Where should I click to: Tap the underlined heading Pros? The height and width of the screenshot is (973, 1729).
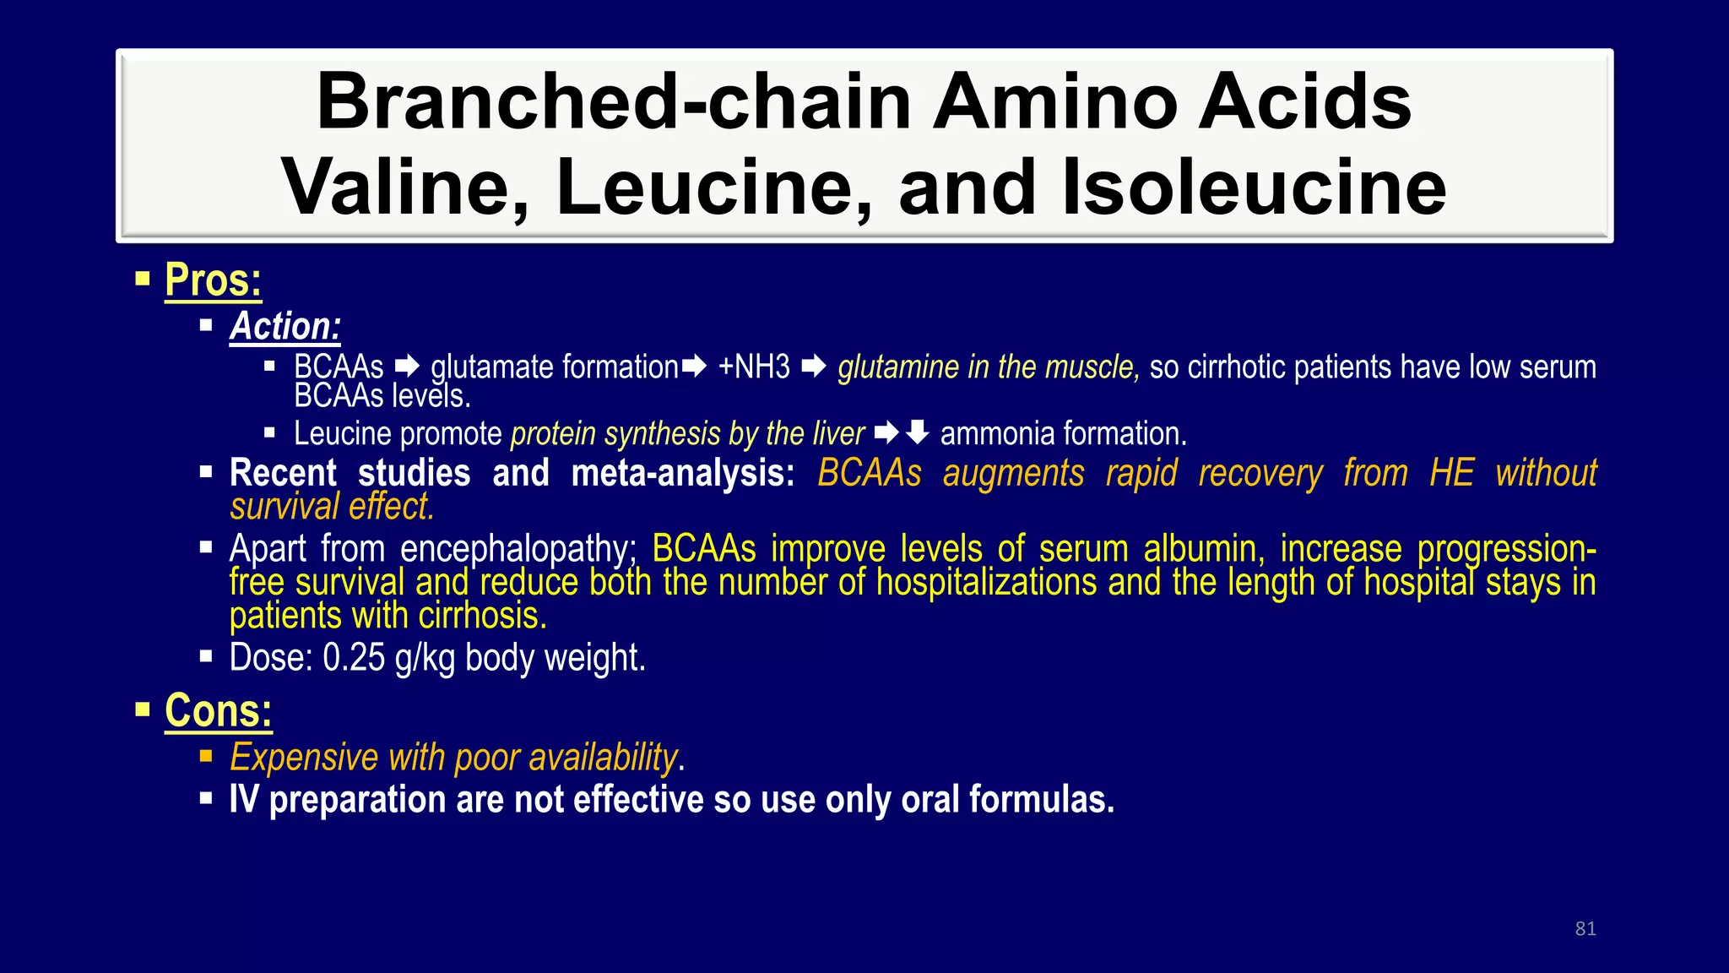(213, 280)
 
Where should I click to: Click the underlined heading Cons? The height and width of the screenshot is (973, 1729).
(218, 711)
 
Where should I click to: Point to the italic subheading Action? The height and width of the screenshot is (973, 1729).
(285, 327)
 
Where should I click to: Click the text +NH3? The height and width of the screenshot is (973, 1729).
(754, 367)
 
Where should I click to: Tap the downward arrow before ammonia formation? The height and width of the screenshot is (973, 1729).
(918, 433)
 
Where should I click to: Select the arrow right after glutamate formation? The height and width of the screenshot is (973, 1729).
(695, 367)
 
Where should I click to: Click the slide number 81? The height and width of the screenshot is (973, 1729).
(1585, 929)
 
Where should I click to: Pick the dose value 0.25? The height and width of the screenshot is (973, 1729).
(354, 658)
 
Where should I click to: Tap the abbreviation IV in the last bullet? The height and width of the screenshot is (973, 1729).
(243, 800)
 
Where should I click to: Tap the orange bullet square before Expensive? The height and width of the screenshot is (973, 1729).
(206, 756)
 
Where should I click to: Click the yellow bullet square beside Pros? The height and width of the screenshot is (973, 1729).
(142, 278)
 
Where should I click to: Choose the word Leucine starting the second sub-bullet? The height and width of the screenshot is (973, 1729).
(342, 434)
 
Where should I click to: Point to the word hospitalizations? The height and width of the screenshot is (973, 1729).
(987, 583)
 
